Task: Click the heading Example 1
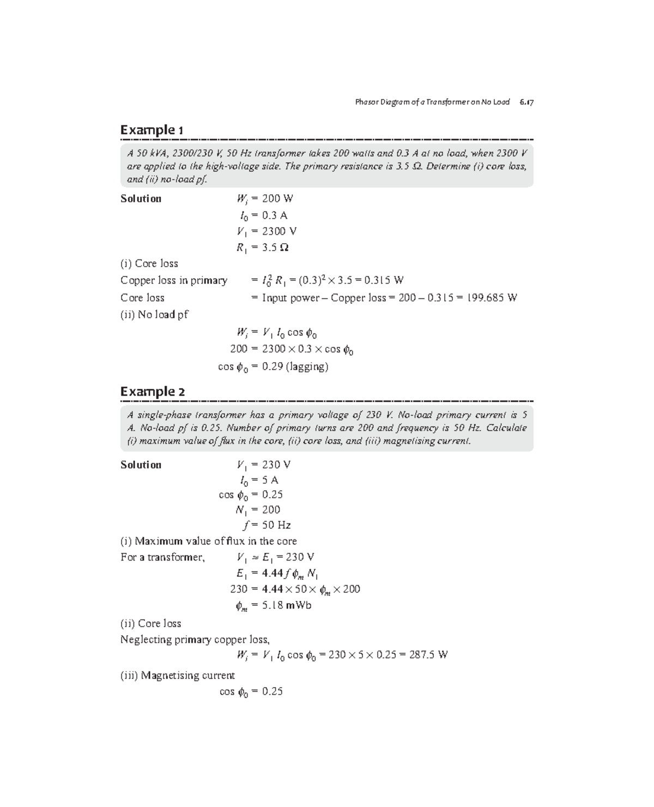coord(152,130)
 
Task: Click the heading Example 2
coord(153,392)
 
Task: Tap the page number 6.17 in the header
coord(526,102)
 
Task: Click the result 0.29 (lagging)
coord(295,366)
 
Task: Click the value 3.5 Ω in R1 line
coord(275,248)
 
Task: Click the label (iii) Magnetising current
coord(177,676)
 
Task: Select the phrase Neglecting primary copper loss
coord(195,640)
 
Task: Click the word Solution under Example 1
coord(141,198)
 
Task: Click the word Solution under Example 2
coord(141,465)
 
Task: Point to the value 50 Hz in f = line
coord(276,525)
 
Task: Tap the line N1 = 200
coord(258,510)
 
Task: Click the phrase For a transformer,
coord(162,557)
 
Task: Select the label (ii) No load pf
coord(154,315)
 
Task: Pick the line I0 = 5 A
coord(259,480)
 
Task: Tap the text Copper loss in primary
coord(174,280)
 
